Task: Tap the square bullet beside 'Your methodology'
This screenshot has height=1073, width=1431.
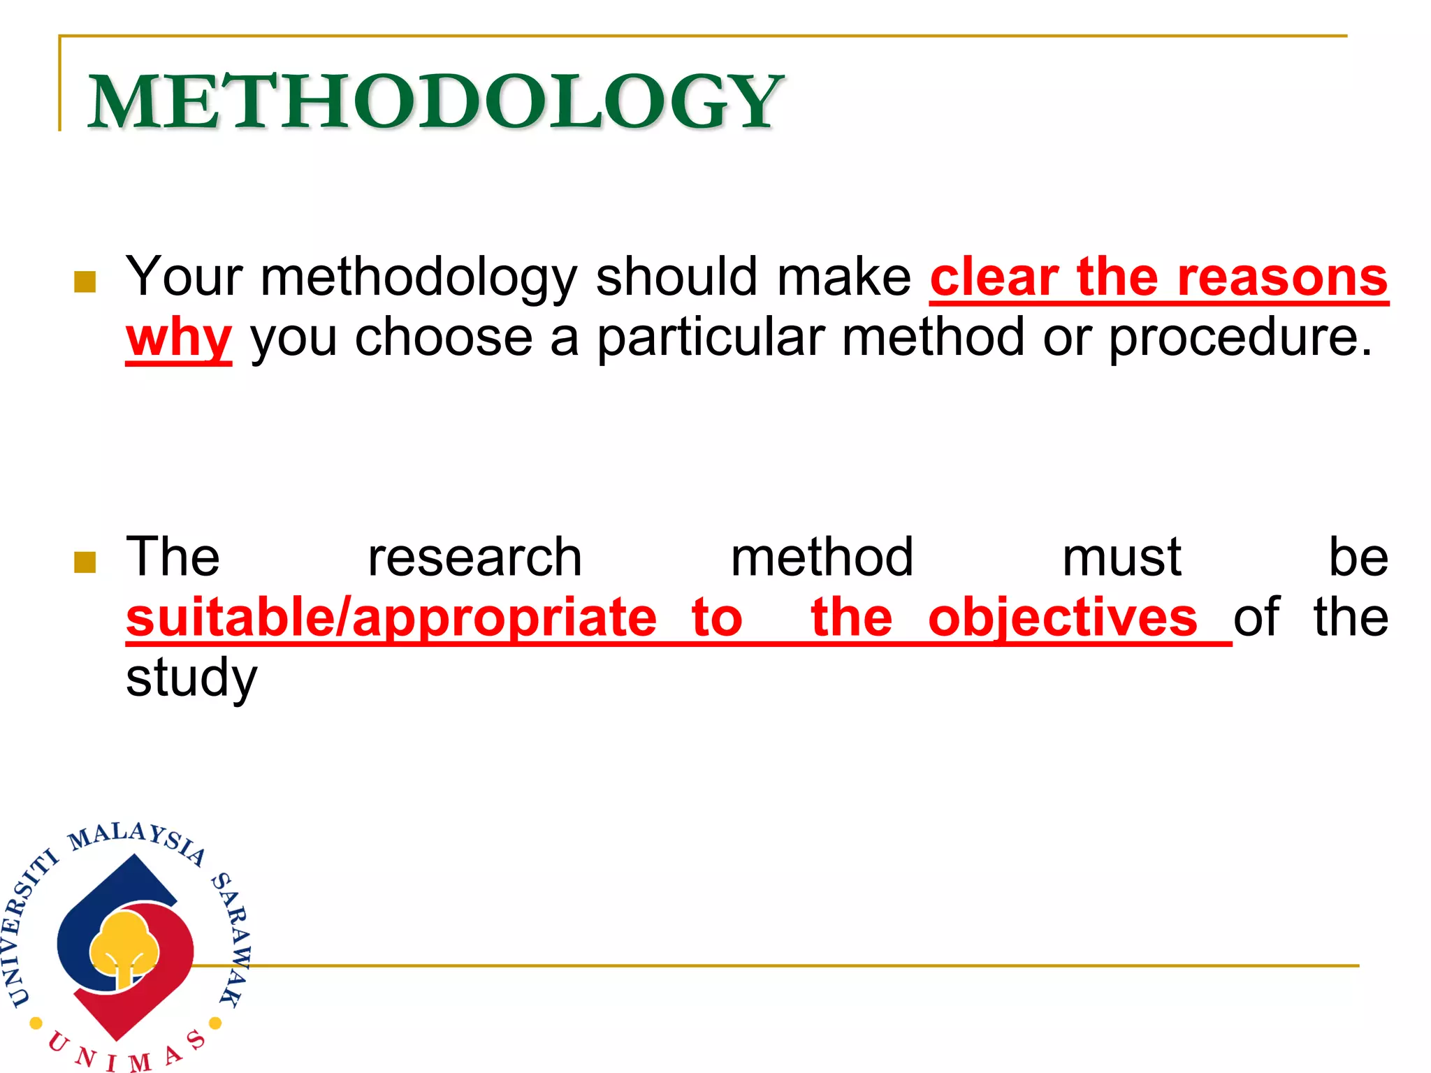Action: click(x=85, y=282)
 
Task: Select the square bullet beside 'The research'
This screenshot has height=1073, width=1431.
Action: click(x=85, y=561)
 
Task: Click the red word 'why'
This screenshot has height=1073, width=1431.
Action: click(x=179, y=339)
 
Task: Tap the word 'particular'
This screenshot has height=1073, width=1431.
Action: click(x=710, y=339)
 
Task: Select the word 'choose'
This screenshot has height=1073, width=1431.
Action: click(x=443, y=339)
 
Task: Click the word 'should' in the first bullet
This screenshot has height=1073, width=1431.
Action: click(x=676, y=277)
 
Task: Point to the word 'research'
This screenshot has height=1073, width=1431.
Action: click(x=474, y=558)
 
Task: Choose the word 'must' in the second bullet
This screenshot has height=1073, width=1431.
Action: click(x=1121, y=558)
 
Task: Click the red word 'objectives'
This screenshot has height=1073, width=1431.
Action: click(x=1063, y=618)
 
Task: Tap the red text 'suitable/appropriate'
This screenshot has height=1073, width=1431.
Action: click(x=391, y=618)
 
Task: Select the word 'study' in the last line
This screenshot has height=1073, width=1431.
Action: click(x=191, y=678)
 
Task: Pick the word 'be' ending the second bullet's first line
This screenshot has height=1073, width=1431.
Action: click(x=1358, y=558)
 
